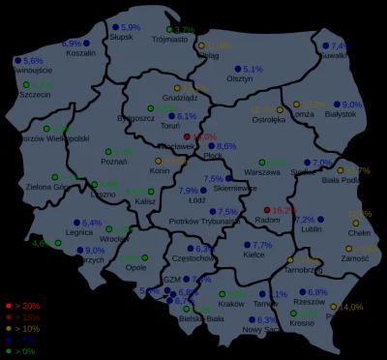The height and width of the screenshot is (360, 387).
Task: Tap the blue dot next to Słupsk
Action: click(x=114, y=28)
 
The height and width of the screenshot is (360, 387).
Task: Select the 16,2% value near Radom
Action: click(x=284, y=210)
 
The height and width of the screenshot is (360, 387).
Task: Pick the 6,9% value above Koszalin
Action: click(x=72, y=44)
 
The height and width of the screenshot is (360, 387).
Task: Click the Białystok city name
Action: click(x=341, y=114)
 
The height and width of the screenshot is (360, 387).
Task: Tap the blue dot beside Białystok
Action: click(x=335, y=105)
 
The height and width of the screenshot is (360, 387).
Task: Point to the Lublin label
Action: click(x=311, y=229)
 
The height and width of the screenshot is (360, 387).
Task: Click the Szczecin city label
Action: click(x=35, y=95)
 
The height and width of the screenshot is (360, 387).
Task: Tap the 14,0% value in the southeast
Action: click(x=351, y=307)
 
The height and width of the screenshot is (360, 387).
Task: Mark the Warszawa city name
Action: click(x=261, y=171)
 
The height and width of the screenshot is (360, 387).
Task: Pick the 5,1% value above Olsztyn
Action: click(x=253, y=69)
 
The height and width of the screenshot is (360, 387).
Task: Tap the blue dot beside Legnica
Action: click(x=76, y=223)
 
